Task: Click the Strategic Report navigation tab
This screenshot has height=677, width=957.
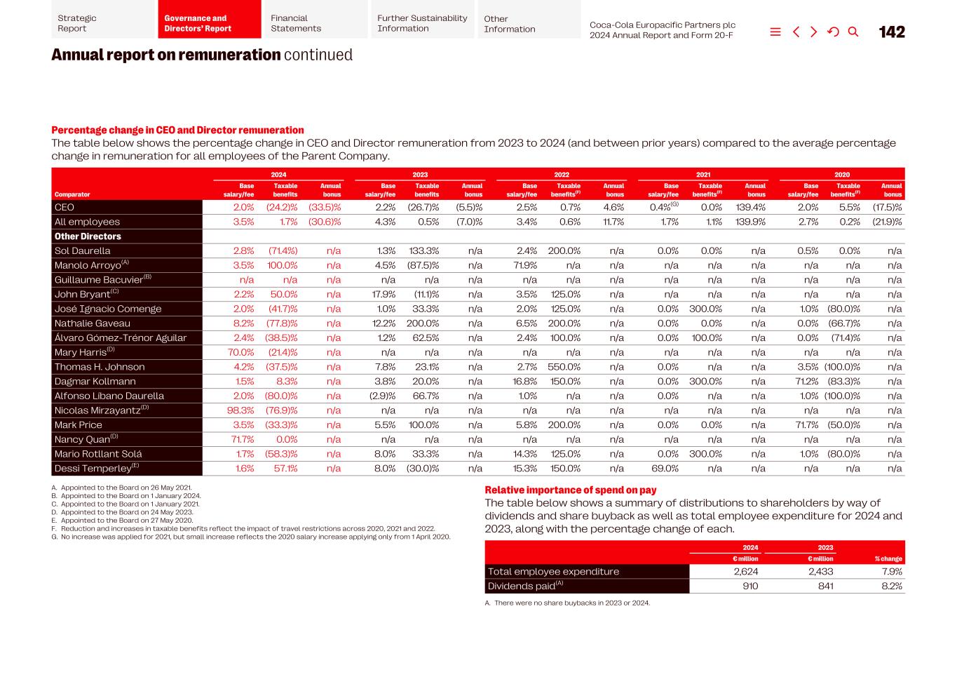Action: coord(77,23)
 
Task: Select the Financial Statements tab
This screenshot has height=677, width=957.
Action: coord(295,23)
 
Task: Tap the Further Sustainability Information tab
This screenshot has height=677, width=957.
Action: coord(421,23)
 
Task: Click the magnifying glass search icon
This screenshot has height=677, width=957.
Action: coord(853,32)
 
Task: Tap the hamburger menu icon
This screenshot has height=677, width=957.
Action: coord(775,32)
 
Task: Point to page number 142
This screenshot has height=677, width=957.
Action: coord(891,32)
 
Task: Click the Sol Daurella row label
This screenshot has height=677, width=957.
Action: coord(82,250)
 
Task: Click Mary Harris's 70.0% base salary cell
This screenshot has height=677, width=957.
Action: coord(240,352)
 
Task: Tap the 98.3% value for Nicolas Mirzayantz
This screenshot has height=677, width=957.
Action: coord(240,410)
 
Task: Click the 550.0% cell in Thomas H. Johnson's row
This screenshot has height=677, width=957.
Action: coord(564,367)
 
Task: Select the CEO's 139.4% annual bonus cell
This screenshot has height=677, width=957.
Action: coord(750,208)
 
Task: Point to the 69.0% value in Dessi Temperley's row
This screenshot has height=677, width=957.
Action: coord(665,469)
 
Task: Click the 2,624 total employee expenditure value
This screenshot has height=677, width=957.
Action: coord(745,572)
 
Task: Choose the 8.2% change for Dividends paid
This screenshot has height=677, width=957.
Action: coord(891,586)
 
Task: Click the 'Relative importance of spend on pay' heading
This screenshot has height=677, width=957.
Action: coord(570,490)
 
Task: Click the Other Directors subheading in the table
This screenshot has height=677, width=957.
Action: coord(88,236)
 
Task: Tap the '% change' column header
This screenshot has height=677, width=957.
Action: coord(888,559)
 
